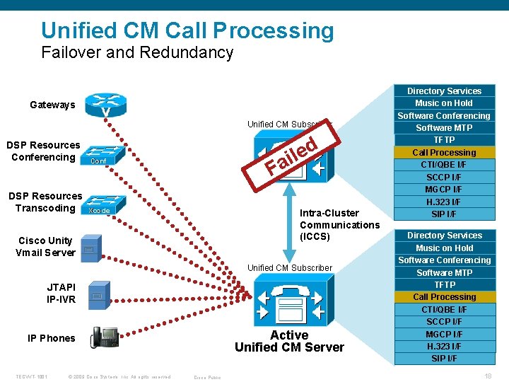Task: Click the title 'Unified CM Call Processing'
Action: pos(187,30)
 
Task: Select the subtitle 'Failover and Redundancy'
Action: pos(137,52)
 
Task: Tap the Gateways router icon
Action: pos(105,106)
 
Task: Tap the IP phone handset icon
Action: pos(105,337)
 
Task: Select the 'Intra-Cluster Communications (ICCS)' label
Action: pos(339,224)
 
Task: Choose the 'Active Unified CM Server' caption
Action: pos(289,341)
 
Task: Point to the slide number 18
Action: pos(487,376)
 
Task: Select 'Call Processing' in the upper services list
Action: pos(444,152)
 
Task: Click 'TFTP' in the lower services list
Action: pos(444,284)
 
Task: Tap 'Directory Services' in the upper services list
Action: pos(444,91)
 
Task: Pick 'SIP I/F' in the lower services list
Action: pos(444,358)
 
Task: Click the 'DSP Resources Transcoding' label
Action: pos(45,202)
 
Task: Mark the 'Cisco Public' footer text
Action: pos(207,377)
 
